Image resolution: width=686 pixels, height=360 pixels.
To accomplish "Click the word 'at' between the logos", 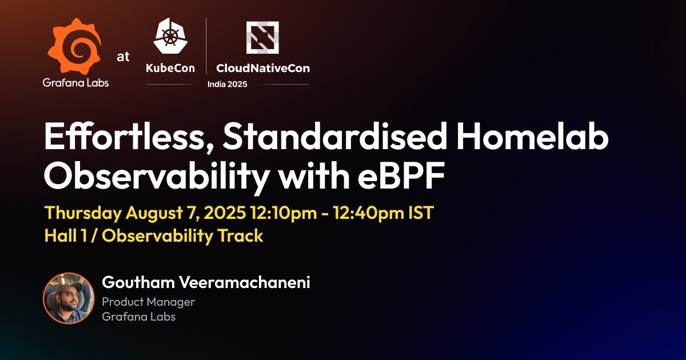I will coord(123,57).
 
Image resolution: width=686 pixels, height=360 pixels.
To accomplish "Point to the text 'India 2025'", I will coord(228,84).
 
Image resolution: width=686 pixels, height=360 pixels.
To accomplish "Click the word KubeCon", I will coord(170,68).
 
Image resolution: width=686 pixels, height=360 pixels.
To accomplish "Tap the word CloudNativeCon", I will coord(263,68).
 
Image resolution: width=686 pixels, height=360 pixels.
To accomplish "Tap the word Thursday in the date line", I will coord(83,214).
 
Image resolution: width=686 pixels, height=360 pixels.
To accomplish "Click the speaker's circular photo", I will coord(69,298).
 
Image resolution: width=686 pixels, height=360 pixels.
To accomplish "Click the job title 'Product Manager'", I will coord(148,302).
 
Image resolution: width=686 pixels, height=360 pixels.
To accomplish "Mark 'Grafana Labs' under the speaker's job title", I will coord(138,317).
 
